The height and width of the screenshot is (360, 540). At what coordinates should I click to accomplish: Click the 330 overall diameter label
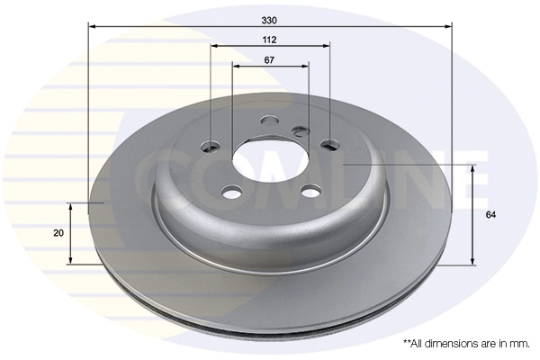269,21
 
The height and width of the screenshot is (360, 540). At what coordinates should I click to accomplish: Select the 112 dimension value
269,40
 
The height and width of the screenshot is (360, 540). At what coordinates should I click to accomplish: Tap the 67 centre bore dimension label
269,60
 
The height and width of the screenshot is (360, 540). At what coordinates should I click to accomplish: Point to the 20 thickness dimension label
58,233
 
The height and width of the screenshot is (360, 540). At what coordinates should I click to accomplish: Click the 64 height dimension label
490,215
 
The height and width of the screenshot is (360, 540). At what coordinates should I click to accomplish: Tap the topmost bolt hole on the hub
270,121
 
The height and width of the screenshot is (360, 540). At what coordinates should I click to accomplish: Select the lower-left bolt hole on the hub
231,192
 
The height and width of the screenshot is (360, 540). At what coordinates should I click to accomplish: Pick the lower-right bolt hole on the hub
310,191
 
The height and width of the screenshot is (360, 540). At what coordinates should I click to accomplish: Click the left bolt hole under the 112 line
211,146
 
